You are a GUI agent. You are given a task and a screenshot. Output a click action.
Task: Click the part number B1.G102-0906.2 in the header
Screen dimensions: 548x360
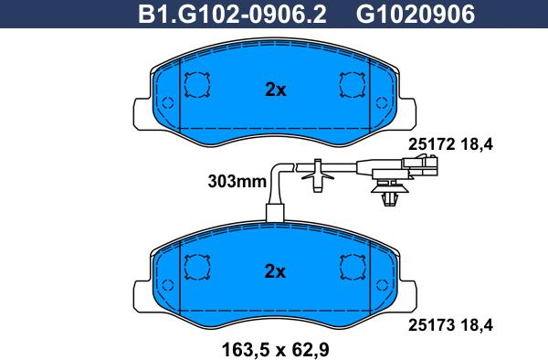(232, 15)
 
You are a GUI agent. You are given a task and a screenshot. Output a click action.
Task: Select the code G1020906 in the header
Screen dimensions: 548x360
(416, 15)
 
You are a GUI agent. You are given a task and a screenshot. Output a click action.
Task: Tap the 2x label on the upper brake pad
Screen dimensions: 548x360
(276, 90)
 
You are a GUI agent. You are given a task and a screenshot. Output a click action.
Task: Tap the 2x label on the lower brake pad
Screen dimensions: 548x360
(275, 271)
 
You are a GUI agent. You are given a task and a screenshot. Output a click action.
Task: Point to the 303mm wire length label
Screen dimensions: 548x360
(237, 182)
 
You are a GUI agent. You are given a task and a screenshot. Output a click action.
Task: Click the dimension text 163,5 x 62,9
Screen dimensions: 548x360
(276, 350)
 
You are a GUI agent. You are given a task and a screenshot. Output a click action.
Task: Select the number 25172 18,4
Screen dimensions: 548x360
(450, 144)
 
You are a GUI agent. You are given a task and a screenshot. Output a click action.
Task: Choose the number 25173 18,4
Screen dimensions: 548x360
(450, 325)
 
